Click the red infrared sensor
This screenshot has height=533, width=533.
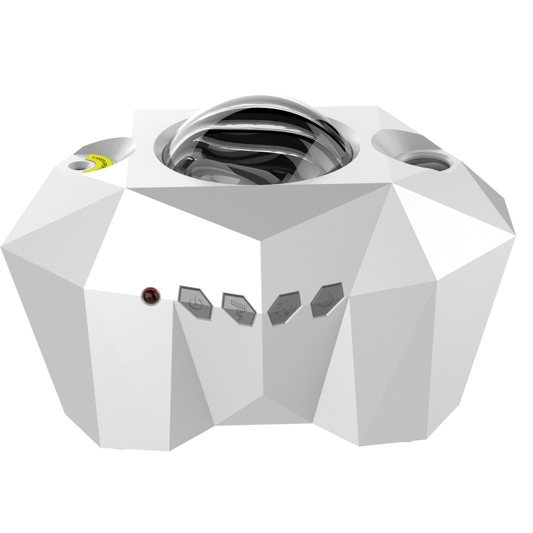tap(150, 296)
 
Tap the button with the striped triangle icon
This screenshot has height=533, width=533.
tap(238, 308)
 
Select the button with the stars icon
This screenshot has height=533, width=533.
tap(284, 308)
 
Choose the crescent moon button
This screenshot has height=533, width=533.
tap(327, 300)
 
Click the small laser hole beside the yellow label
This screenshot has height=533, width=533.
tap(79, 166)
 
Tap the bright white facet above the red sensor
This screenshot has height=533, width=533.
tap(172, 245)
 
